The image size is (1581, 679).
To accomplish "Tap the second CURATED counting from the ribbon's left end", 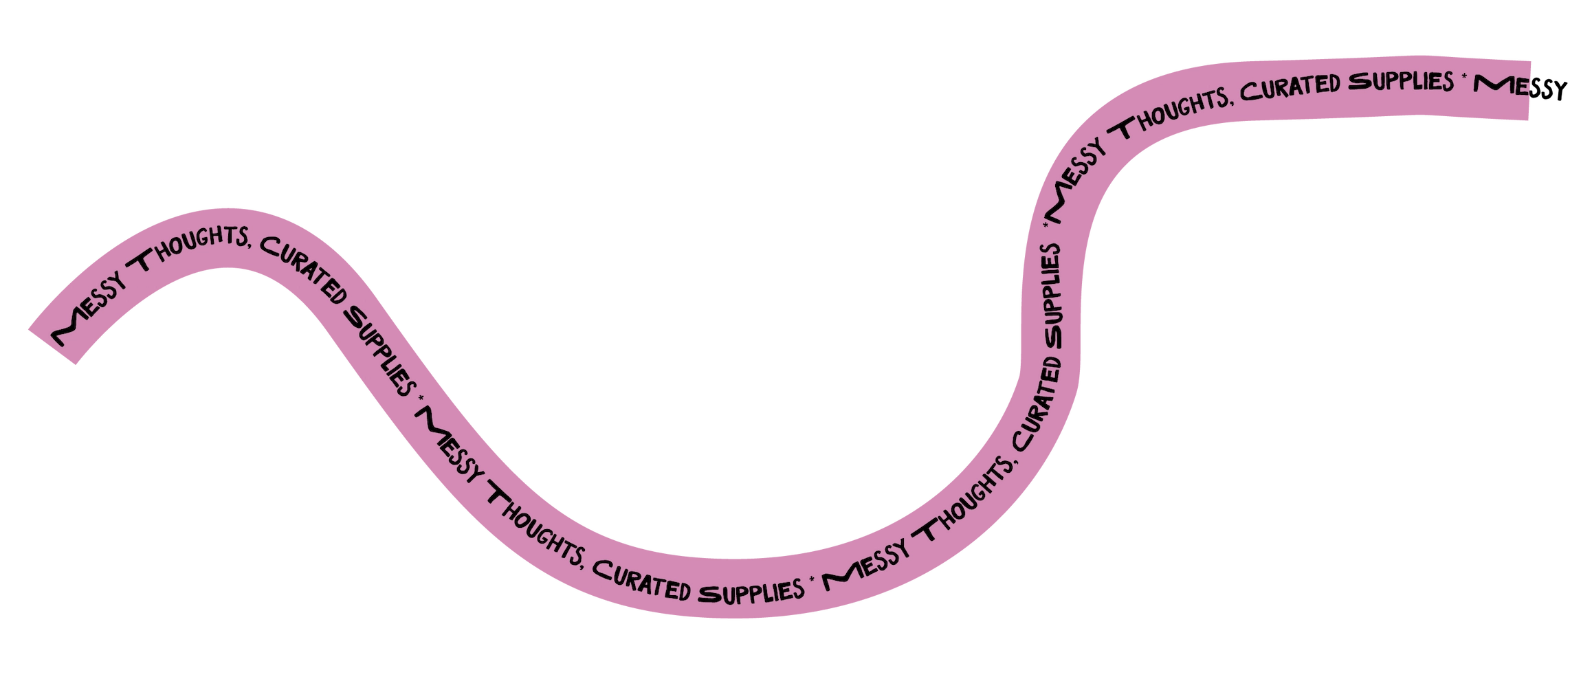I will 643,581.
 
